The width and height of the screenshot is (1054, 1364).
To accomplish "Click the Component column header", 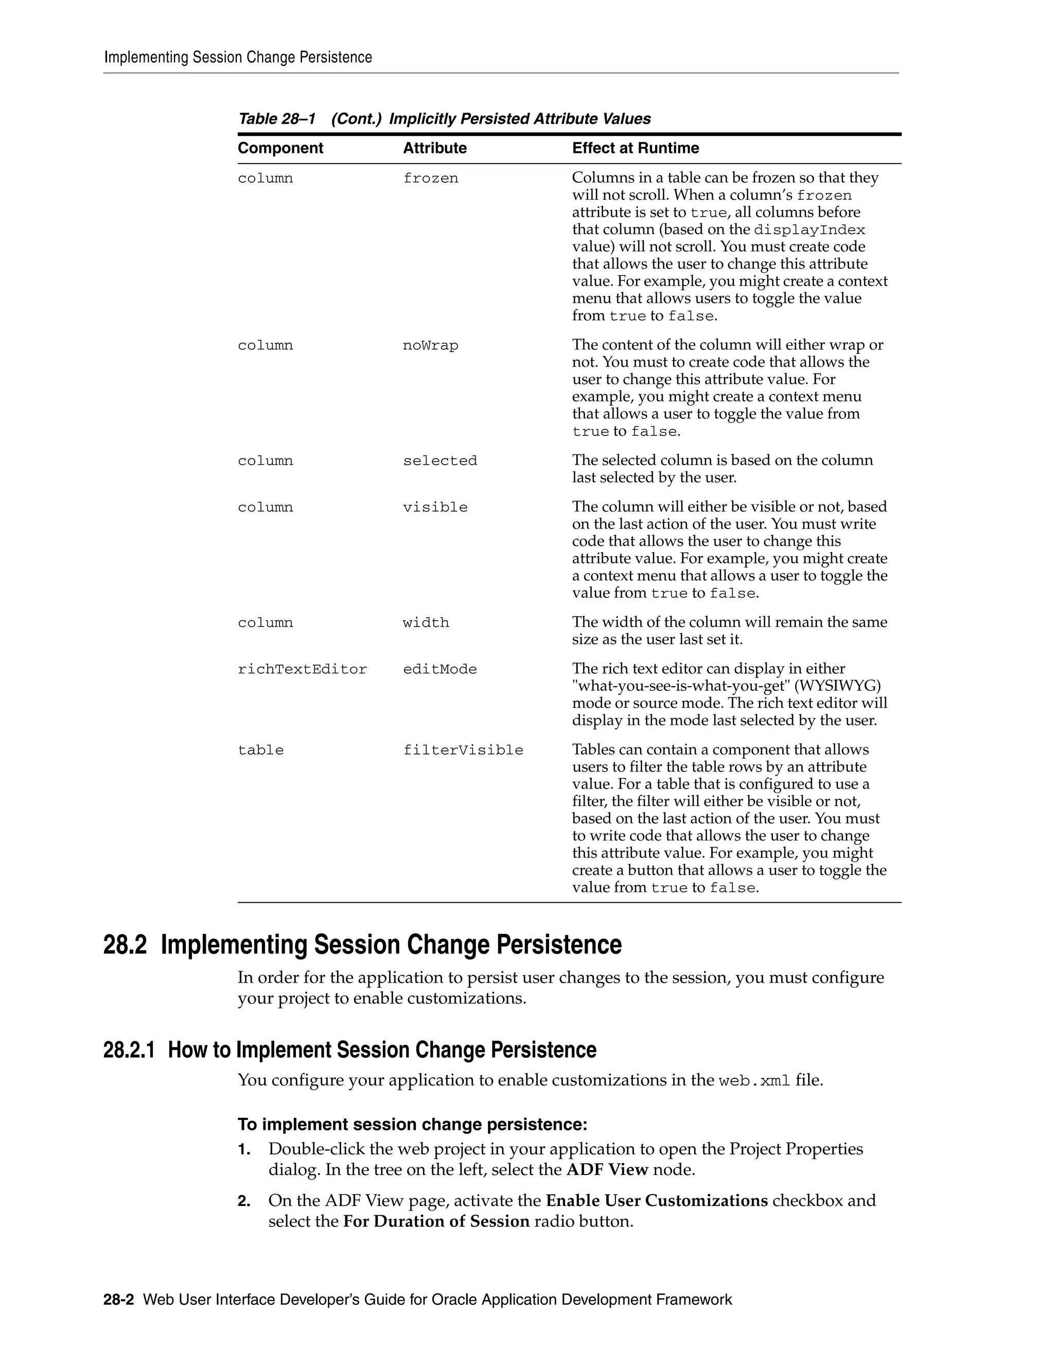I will click(280, 148).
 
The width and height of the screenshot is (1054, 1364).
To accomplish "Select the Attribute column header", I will click(434, 148).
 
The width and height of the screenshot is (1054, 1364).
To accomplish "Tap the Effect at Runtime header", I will click(635, 148).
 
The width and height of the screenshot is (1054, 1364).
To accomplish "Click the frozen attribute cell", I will click(430, 179).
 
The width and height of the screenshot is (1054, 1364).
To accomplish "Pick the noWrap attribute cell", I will click(430, 345).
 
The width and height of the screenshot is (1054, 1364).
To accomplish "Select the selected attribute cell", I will click(440, 461).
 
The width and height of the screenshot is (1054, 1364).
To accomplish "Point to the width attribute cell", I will click(426, 623).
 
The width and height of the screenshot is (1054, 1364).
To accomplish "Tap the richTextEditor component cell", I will click(302, 670).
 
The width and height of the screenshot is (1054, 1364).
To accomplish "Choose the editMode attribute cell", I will click(440, 670).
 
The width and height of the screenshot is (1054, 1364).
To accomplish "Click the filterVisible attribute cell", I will click(463, 750).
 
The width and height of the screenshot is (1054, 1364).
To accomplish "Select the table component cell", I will click(260, 750).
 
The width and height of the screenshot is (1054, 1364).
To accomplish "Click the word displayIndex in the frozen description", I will click(809, 230).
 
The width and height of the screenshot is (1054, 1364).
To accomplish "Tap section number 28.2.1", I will click(129, 1050).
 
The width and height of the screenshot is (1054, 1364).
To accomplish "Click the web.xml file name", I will click(754, 1081).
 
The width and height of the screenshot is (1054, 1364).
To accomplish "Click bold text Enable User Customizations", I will click(656, 1200).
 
